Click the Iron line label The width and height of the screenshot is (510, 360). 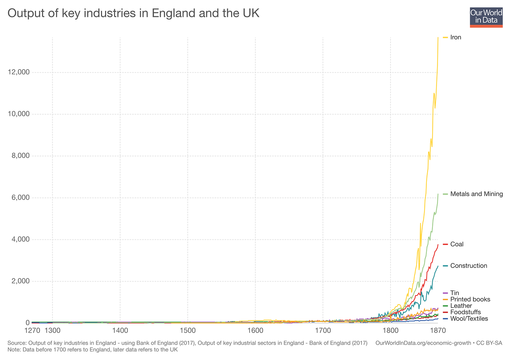[455, 37]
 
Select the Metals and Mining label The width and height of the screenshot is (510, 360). [476, 194]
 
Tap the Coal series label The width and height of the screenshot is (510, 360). [457, 244]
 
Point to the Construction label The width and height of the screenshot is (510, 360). [469, 266]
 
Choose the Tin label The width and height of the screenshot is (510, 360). [455, 293]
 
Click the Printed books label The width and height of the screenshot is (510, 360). [470, 299]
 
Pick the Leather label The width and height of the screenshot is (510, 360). [461, 305]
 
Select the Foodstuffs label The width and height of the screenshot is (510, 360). [465, 312]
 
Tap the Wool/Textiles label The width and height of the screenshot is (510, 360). [469, 318]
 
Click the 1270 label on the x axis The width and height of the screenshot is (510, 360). [32, 331]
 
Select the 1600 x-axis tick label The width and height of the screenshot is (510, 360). [255, 331]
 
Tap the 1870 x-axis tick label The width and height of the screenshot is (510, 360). [438, 331]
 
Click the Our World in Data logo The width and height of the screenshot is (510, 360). [486, 18]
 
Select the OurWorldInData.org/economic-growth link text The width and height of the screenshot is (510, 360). [423, 343]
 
